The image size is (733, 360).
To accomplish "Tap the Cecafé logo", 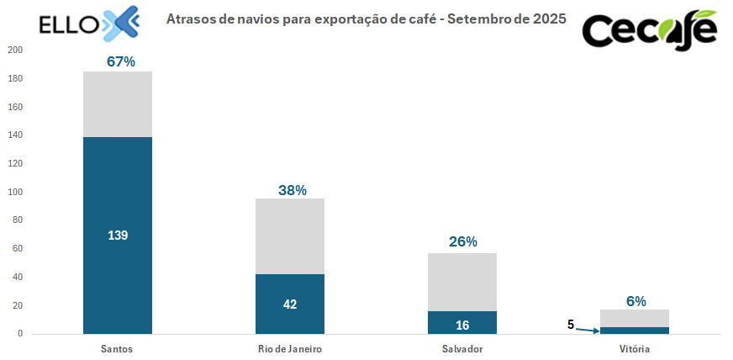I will [650, 29].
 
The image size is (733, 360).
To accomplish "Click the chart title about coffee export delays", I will [366, 18].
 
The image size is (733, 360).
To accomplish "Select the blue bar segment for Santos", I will [117, 236].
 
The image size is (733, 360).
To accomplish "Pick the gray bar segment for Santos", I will [117, 104].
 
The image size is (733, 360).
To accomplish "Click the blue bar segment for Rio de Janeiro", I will [290, 304].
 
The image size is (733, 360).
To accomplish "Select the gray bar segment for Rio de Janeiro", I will [290, 236].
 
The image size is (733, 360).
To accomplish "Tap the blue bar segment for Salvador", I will [462, 322].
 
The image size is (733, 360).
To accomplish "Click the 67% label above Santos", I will [121, 61].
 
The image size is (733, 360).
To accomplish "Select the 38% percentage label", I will [293, 190].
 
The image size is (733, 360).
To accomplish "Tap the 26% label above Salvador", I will [463, 242].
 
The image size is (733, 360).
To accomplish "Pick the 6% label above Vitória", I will [635, 300].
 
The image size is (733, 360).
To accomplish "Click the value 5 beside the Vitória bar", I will [570, 324].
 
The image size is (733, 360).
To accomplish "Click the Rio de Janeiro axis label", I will [290, 348].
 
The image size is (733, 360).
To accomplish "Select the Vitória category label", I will [635, 348].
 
